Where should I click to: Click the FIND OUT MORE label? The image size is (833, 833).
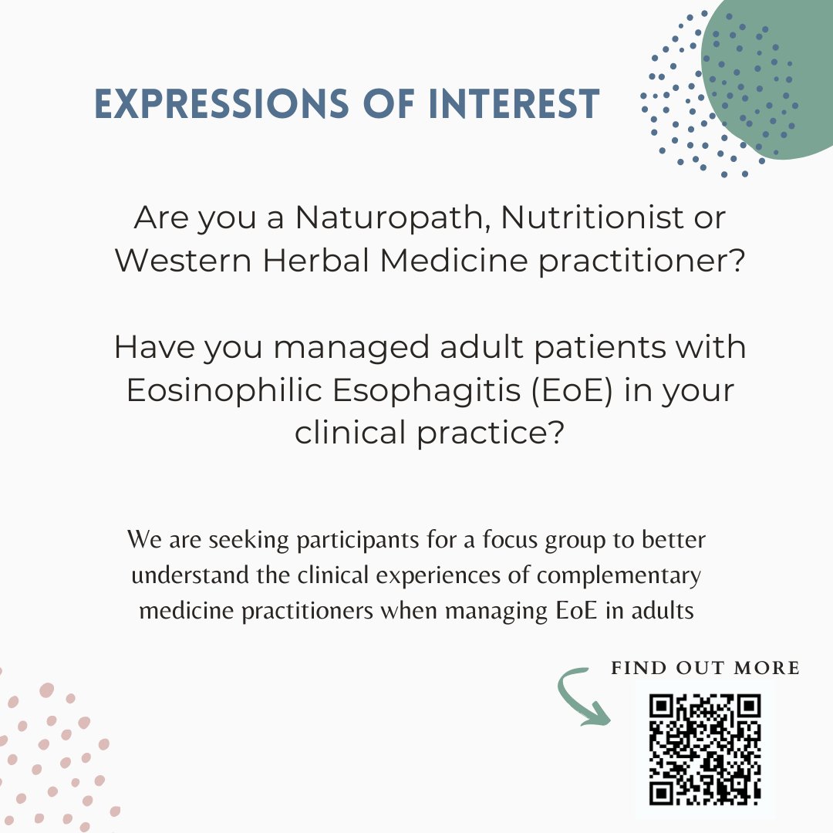pyautogui.click(x=705, y=668)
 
